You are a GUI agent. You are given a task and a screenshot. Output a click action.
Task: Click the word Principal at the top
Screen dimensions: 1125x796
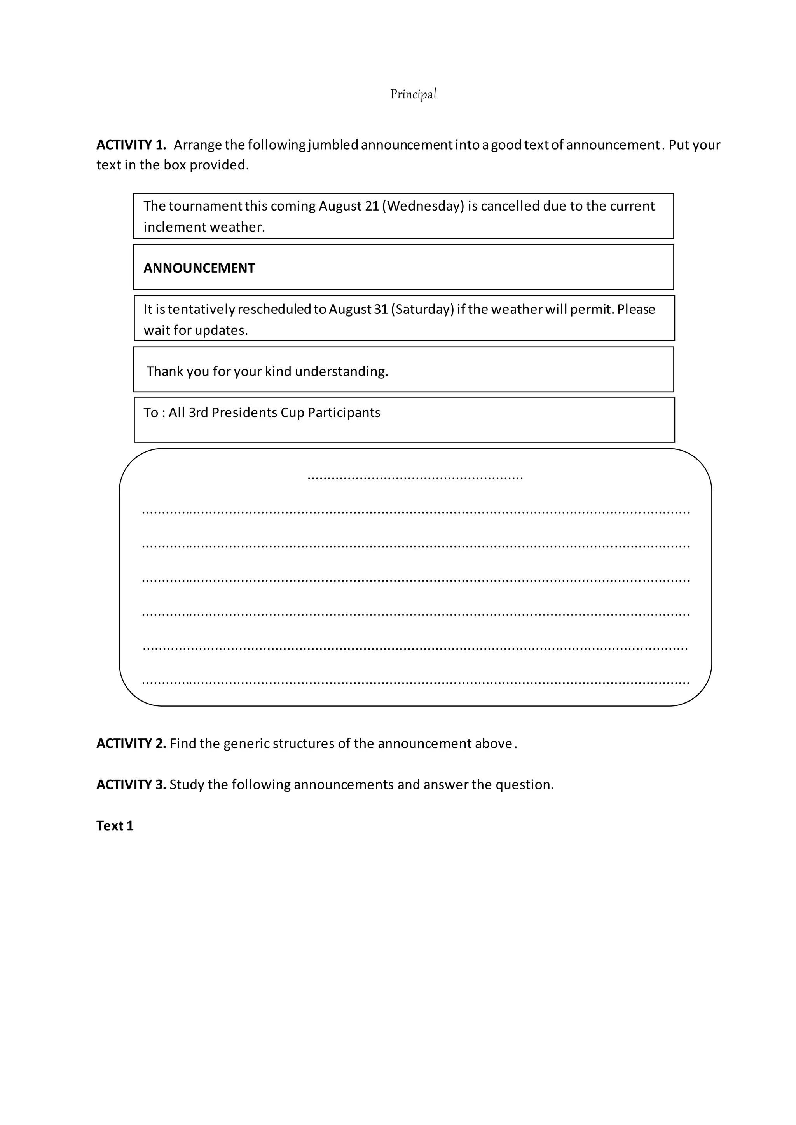click(413, 94)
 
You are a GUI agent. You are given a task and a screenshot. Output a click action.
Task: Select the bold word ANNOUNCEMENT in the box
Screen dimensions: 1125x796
click(199, 268)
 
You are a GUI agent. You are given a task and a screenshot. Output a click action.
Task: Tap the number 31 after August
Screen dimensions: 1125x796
click(381, 309)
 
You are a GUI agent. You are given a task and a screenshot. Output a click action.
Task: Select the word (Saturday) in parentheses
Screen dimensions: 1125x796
click(422, 309)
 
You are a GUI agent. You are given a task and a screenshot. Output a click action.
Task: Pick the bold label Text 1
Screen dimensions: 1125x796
click(115, 825)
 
